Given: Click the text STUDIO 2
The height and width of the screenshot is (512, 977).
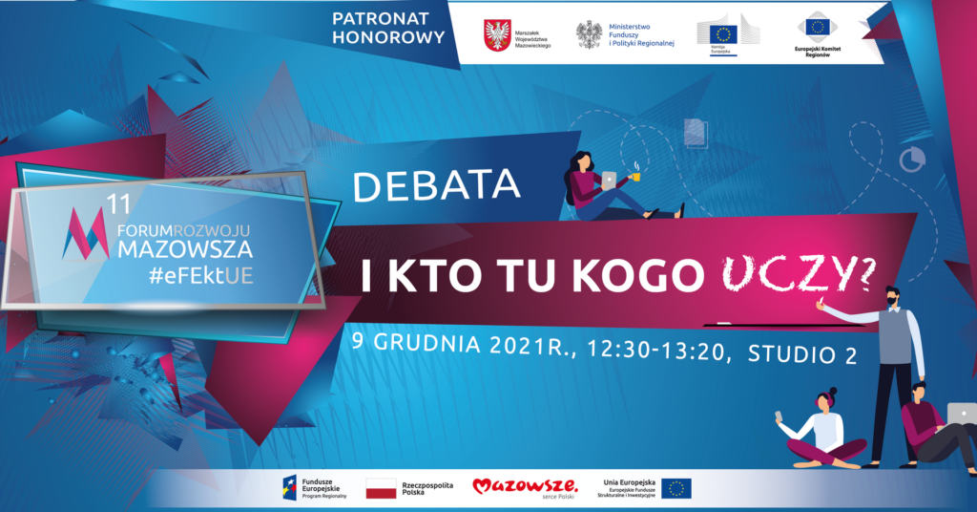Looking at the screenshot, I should [x=802, y=354].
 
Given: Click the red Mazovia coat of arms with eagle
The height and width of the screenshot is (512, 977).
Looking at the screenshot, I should [x=497, y=35].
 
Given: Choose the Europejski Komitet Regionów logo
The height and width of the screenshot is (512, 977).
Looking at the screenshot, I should [x=818, y=35].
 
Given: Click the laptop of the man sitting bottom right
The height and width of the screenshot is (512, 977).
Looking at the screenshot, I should [x=963, y=413].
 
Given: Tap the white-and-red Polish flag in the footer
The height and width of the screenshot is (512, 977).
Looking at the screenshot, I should [x=382, y=489].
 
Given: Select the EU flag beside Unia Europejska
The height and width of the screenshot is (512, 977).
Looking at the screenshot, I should [x=676, y=489].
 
